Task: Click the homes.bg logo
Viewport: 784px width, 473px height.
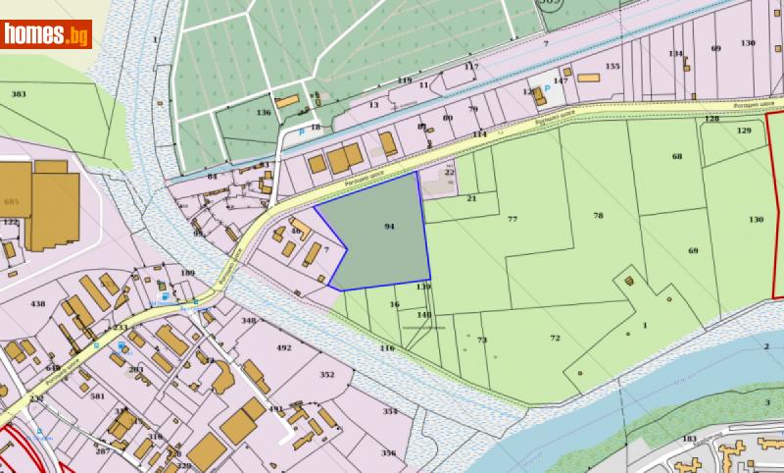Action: click(x=47, y=34)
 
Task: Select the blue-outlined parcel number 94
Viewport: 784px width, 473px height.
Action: click(x=389, y=227)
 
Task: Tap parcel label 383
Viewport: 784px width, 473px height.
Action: click(x=18, y=94)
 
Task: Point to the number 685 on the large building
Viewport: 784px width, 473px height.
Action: click(x=12, y=201)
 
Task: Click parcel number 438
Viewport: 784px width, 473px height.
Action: click(x=38, y=305)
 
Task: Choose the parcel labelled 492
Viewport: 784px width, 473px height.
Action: click(x=284, y=348)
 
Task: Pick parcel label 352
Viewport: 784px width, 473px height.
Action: click(x=327, y=375)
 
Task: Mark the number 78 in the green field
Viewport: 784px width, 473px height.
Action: click(x=598, y=215)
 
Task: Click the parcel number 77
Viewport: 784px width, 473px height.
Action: click(x=512, y=220)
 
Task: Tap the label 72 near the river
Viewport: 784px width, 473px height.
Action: click(x=555, y=339)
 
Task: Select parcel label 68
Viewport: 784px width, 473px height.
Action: click(x=676, y=157)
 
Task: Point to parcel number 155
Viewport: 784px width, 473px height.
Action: click(x=612, y=66)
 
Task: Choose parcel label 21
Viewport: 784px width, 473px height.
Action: click(x=470, y=198)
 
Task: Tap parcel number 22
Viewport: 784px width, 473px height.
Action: click(x=450, y=172)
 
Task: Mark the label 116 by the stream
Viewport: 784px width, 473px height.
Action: click(x=386, y=348)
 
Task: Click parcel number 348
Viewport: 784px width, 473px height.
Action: click(x=248, y=321)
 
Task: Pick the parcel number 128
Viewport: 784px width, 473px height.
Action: click(x=711, y=119)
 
